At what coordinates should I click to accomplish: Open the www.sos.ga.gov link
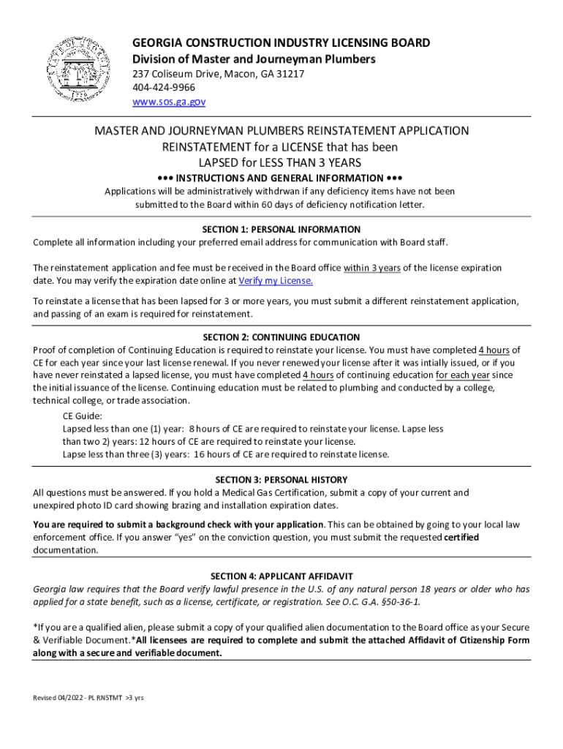(168, 102)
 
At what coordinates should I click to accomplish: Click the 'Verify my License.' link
(280, 281)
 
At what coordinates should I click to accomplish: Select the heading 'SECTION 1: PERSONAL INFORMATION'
(281, 230)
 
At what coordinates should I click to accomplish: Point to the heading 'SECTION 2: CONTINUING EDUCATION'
(281, 337)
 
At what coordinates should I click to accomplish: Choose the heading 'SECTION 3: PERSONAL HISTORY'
(281, 480)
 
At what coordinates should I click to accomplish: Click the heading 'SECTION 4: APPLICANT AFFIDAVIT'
(281, 576)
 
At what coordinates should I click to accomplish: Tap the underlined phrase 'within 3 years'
(372, 268)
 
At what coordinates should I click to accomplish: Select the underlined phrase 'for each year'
(464, 376)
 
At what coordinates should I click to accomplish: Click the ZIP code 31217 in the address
(290, 74)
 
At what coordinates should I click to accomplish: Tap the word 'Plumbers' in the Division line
(347, 59)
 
